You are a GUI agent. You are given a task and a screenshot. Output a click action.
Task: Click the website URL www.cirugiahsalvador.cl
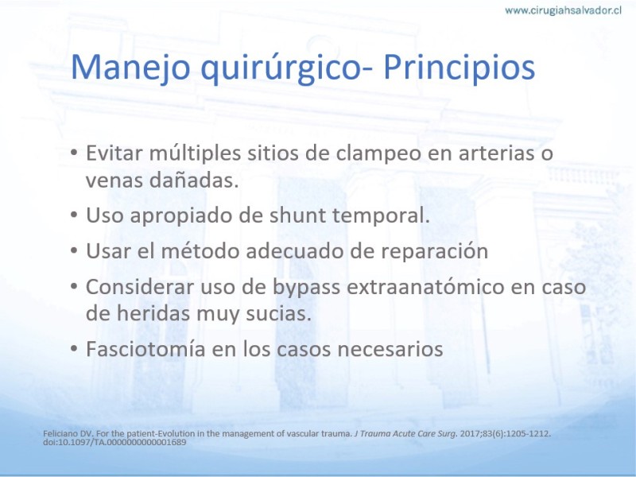click(563, 10)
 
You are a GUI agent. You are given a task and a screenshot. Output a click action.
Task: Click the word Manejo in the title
click(130, 68)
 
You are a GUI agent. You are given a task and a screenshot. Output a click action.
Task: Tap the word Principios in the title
click(459, 68)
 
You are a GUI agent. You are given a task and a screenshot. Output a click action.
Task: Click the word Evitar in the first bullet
click(114, 153)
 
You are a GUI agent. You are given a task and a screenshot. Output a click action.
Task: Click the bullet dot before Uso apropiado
click(74, 215)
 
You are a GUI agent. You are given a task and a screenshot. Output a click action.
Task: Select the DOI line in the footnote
click(114, 442)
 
